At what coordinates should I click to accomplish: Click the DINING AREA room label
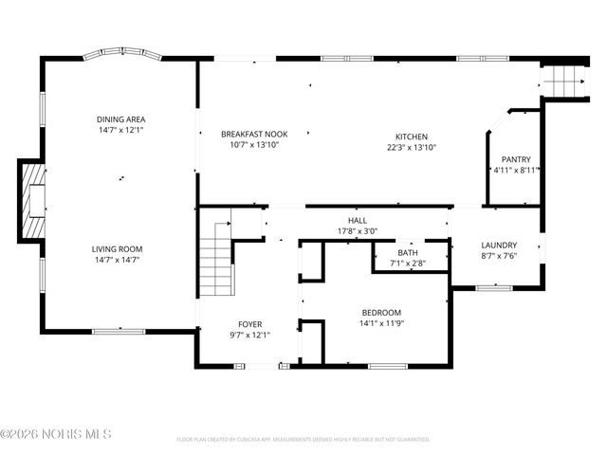[x=120, y=119]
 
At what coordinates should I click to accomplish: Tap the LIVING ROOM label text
[x=118, y=249]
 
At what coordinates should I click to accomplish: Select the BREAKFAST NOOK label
[x=254, y=135]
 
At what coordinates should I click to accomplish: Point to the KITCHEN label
[x=411, y=136]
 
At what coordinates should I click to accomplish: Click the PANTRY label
[x=516, y=159]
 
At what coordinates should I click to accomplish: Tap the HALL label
[x=357, y=220]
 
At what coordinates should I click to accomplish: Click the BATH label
[x=407, y=253]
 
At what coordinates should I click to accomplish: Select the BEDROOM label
[x=381, y=313]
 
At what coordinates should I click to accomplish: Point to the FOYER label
[x=250, y=323]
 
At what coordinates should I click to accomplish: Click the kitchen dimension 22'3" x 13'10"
[x=411, y=148]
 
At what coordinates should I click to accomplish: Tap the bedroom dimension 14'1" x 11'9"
[x=381, y=323]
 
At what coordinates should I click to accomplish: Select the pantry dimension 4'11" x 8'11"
[x=516, y=171]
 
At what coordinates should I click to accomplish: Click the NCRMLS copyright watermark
[x=56, y=434]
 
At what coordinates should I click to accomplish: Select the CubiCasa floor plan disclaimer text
[x=303, y=440]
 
